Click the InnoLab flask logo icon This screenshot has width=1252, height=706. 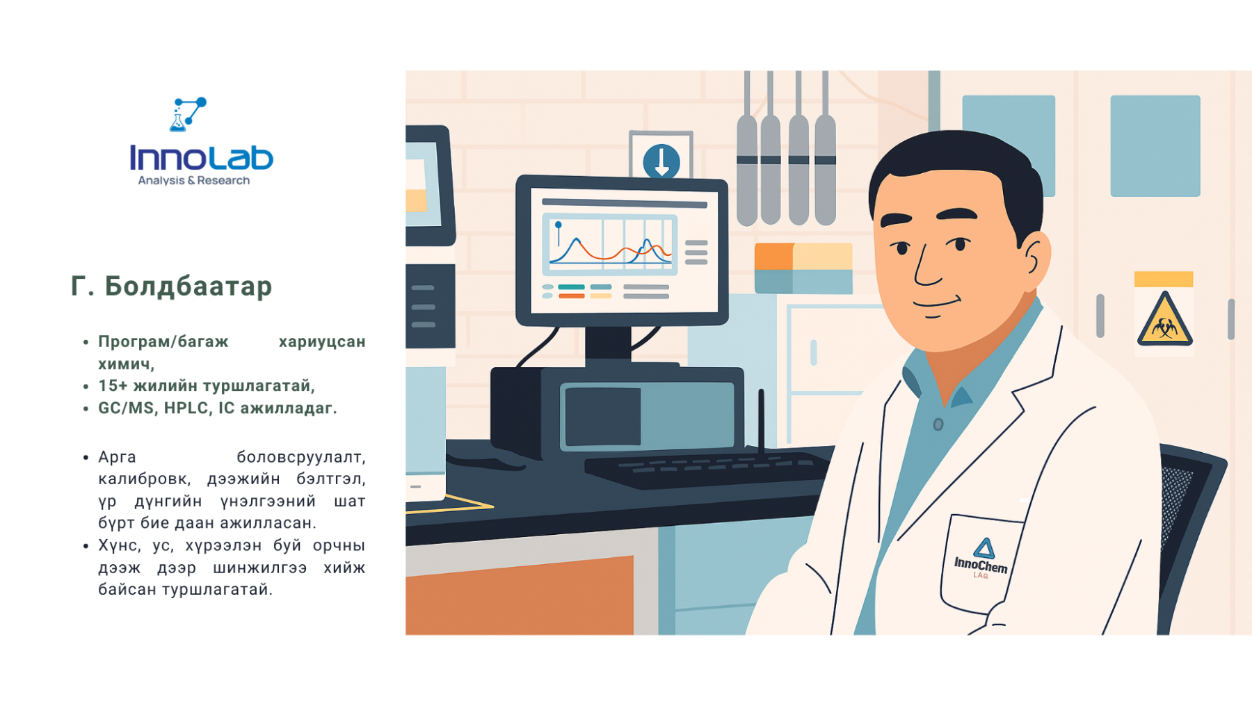(188, 114)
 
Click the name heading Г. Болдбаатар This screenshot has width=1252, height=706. (171, 286)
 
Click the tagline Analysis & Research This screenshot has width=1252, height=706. (193, 181)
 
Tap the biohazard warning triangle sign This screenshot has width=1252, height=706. (1164, 321)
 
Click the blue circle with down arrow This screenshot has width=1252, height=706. (661, 161)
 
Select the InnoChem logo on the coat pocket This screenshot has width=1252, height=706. (981, 559)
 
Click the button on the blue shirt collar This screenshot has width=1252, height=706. (938, 424)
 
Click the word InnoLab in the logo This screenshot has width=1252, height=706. (202, 158)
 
